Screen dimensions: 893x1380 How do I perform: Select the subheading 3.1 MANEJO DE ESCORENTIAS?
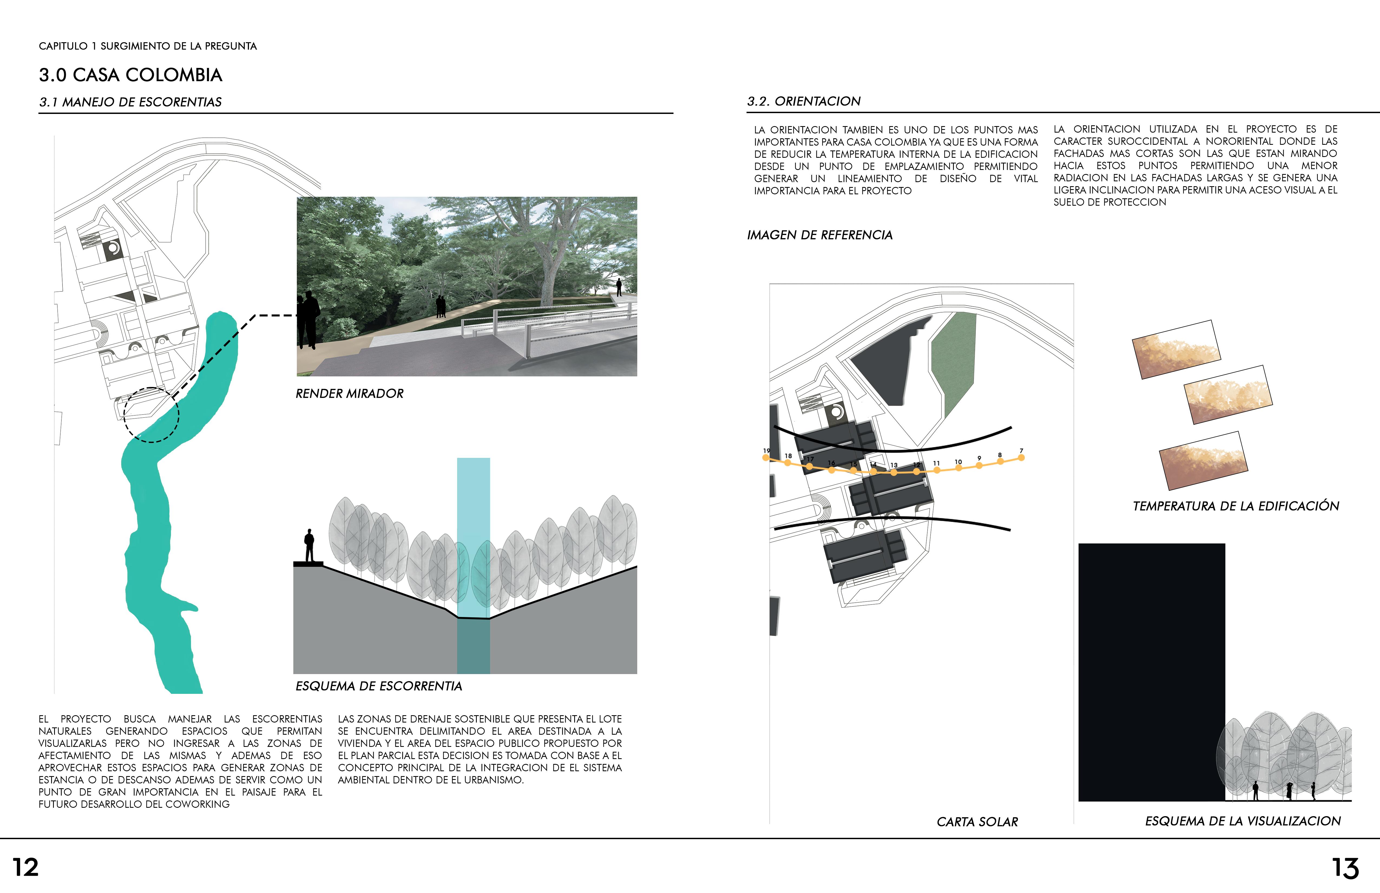tap(130, 102)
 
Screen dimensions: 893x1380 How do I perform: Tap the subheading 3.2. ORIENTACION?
tap(804, 101)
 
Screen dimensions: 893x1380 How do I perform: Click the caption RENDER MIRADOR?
tap(350, 394)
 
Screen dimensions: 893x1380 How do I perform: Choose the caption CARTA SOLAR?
tap(977, 822)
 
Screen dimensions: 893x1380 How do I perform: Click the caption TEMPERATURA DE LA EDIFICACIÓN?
tap(1236, 506)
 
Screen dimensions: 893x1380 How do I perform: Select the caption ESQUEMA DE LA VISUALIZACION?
tap(1243, 821)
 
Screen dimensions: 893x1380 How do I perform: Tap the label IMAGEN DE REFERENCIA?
tap(819, 235)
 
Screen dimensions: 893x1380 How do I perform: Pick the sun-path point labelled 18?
tap(787, 462)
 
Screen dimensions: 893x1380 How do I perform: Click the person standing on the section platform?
tap(309, 545)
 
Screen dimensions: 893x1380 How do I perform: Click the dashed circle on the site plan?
tap(151, 415)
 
